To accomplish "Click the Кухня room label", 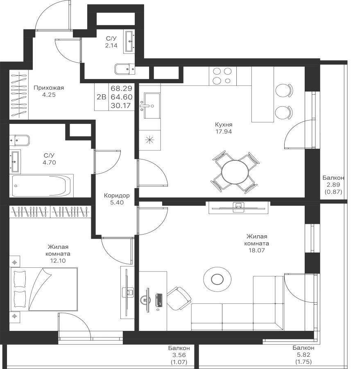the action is [x=224, y=124].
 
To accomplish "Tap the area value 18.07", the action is [x=257, y=250].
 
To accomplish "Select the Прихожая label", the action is [x=49, y=88].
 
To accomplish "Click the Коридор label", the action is [x=117, y=196].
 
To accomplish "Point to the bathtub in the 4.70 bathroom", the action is [x=41, y=185].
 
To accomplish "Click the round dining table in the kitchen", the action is [x=235, y=172].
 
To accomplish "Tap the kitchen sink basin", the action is [x=152, y=106].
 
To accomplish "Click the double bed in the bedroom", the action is [x=44, y=289].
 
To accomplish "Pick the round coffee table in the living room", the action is [x=217, y=279].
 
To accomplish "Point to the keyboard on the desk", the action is [x=159, y=300].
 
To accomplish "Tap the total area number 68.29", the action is [x=121, y=89].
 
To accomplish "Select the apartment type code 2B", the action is [x=102, y=97].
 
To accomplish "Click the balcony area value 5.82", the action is [x=303, y=355].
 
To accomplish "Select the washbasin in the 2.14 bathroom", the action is [x=129, y=41].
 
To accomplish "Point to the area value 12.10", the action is [x=58, y=261].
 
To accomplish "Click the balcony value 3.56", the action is [x=179, y=355].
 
